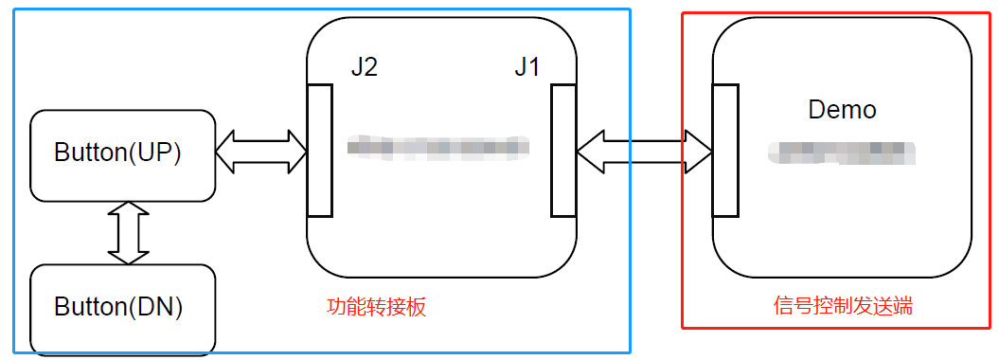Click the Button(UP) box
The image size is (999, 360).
(x=123, y=155)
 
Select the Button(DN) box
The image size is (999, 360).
(x=123, y=309)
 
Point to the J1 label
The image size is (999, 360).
(x=527, y=69)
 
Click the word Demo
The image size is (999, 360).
(x=842, y=110)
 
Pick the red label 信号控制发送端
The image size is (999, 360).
(x=843, y=307)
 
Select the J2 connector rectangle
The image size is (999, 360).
(x=320, y=150)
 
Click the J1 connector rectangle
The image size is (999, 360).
(x=563, y=150)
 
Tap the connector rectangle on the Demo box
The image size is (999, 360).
(x=725, y=150)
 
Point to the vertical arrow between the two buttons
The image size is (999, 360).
(x=129, y=233)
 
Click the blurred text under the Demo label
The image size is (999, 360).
(x=841, y=150)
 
